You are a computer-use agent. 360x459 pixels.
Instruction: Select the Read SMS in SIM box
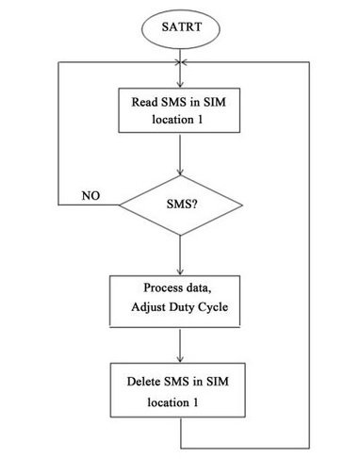point(179,110)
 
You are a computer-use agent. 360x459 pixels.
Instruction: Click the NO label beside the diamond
point(92,196)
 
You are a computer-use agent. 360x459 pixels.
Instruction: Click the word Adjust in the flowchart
point(156,307)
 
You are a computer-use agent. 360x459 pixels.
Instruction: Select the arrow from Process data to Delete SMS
point(179,343)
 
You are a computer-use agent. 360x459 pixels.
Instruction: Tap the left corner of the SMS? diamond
point(121,203)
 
